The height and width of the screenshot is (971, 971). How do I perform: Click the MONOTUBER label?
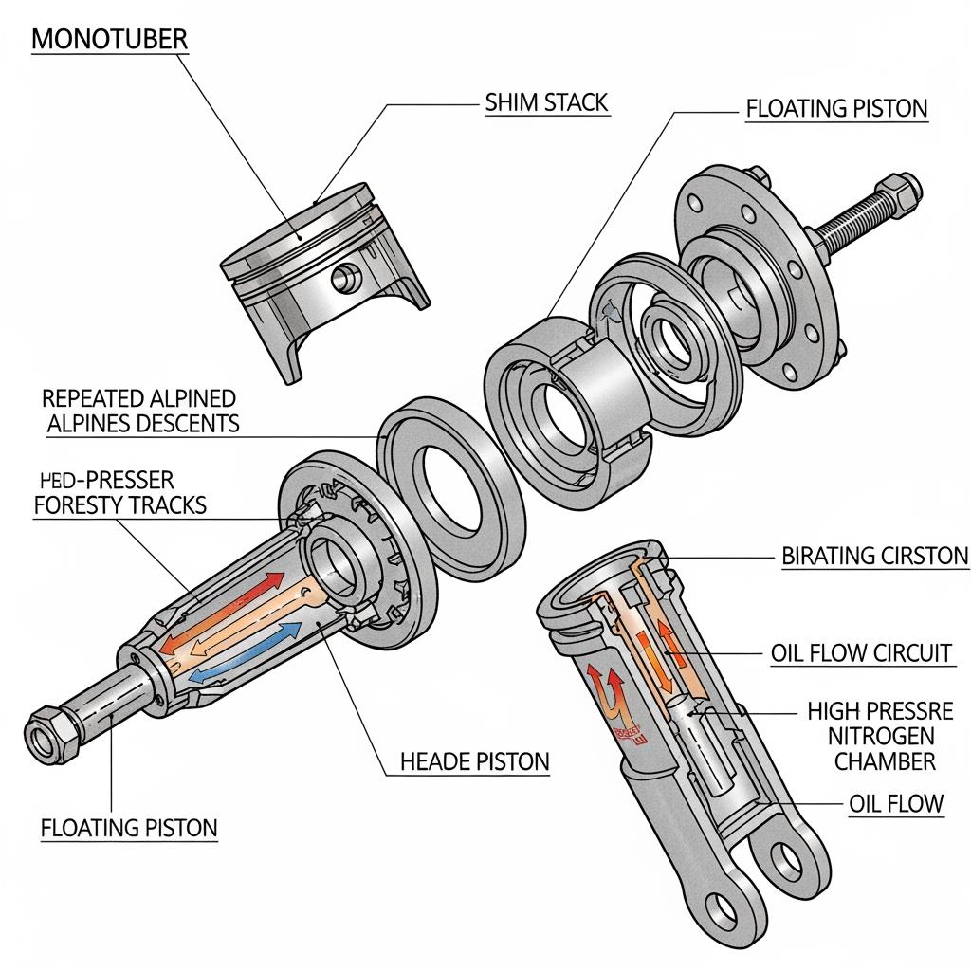point(109,40)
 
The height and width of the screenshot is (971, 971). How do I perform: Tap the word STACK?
point(577,102)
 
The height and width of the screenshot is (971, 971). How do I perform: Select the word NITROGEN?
point(881,735)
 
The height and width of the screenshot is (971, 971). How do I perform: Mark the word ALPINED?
point(184,397)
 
